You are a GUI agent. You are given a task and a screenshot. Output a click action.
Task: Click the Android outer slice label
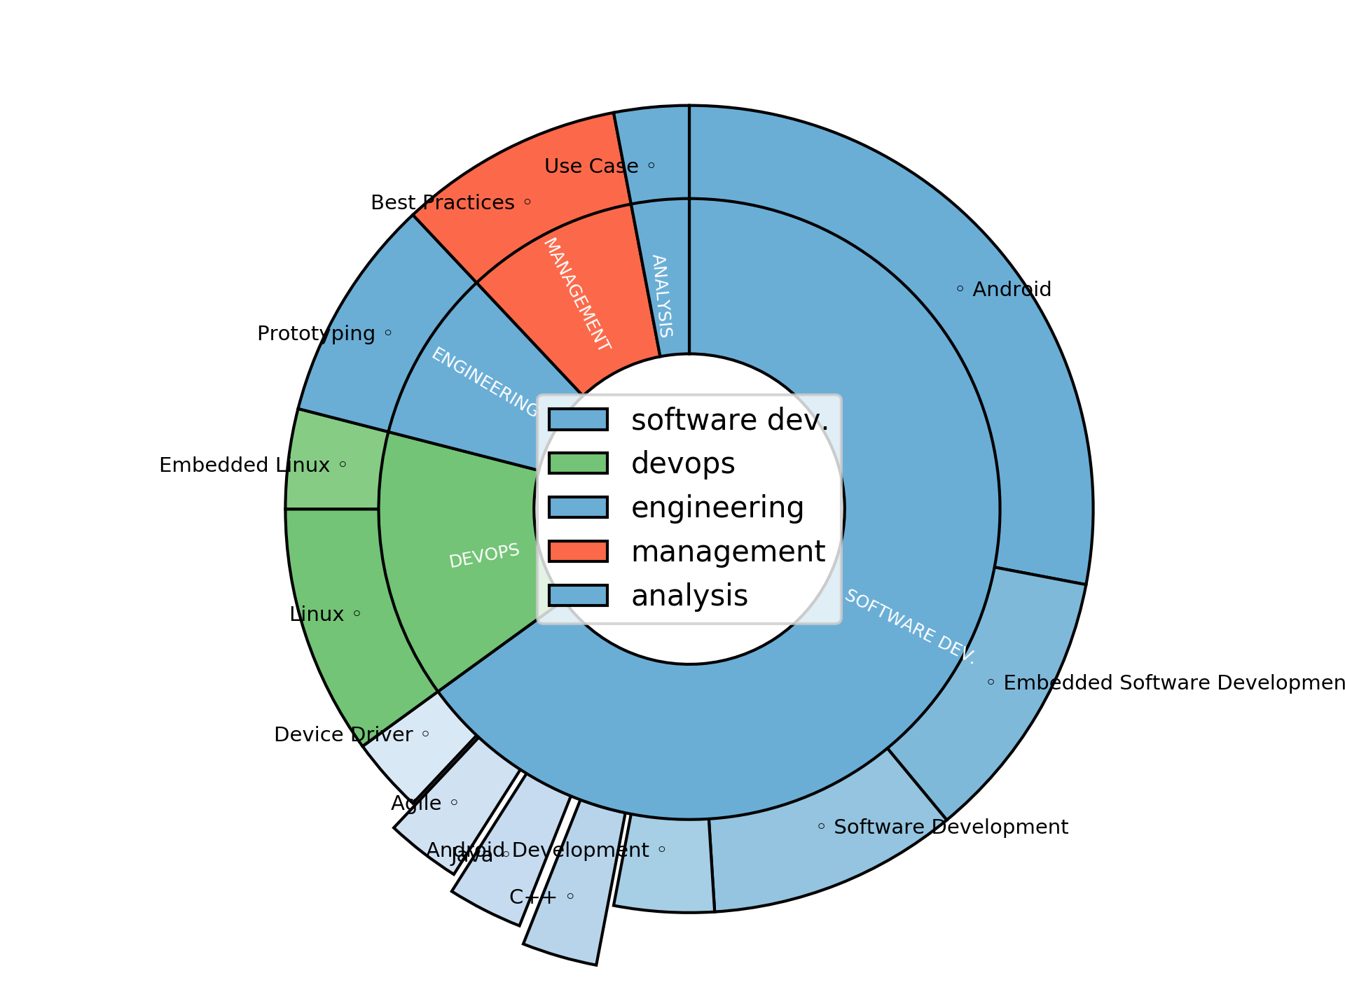[x=1012, y=289]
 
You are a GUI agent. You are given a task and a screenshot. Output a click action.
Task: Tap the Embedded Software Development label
[x=1174, y=682]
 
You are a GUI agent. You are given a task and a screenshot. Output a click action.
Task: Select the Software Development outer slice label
[x=951, y=827]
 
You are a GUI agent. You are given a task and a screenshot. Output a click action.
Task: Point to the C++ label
[x=533, y=897]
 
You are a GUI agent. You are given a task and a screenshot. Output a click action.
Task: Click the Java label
[x=472, y=855]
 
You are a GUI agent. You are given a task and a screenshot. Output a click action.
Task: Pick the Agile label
[x=416, y=803]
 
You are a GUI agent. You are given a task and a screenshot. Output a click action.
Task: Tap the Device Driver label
[x=343, y=734]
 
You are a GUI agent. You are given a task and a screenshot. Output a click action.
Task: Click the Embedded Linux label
[x=244, y=465]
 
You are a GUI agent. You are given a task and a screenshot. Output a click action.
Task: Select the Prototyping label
[x=316, y=333]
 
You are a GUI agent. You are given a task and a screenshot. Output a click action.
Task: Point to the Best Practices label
[x=443, y=202]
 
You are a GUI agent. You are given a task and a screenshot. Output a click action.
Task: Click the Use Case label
[x=591, y=166]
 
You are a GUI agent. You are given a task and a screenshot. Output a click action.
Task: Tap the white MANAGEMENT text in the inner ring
[x=577, y=294]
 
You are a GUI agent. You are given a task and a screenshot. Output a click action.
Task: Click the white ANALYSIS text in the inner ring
[x=662, y=295]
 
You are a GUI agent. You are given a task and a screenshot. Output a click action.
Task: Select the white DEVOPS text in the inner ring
[x=484, y=556]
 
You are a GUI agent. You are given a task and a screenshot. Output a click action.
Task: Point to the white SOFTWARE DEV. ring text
[x=909, y=626]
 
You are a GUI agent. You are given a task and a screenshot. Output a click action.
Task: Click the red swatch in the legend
[x=578, y=551]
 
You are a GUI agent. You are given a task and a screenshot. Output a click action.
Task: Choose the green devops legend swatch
[x=578, y=463]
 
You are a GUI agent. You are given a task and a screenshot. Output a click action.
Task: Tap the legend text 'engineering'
[x=717, y=507]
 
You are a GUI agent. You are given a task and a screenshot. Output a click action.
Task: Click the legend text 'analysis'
[x=689, y=595]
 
